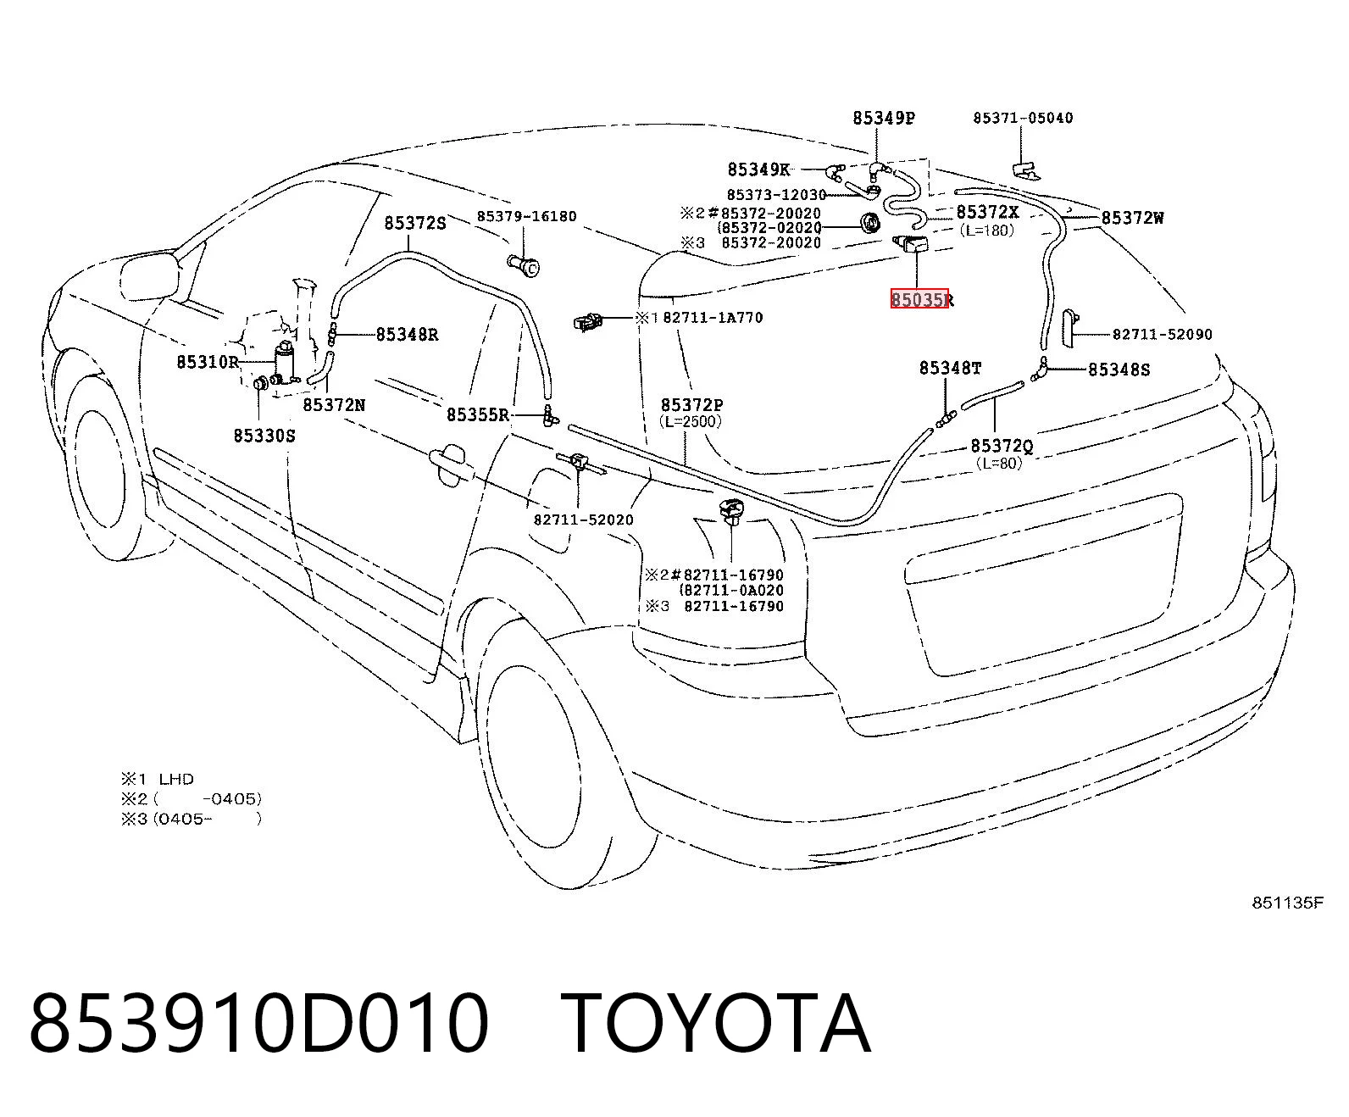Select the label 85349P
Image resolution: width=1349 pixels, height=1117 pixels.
[x=883, y=118]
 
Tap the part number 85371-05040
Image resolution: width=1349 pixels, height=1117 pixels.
[x=1023, y=118]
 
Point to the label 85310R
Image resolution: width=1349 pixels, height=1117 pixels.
[x=208, y=361]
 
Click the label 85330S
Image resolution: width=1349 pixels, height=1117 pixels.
[x=264, y=436]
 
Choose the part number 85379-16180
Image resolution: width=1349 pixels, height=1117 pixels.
[x=526, y=216]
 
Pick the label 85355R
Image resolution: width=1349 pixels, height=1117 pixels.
[x=478, y=414]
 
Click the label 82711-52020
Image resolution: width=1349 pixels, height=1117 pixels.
[x=583, y=520]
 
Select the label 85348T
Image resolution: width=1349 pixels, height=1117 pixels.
[x=951, y=368]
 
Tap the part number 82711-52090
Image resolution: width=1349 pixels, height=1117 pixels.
[x=1163, y=334]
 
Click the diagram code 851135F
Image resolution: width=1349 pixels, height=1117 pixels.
[x=1288, y=903]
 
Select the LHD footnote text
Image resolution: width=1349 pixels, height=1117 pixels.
[x=176, y=779]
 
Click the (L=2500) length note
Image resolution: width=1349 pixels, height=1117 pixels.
[x=690, y=421]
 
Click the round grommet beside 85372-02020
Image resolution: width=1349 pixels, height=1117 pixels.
[x=870, y=223]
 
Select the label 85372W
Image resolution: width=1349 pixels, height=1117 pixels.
[x=1132, y=218]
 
